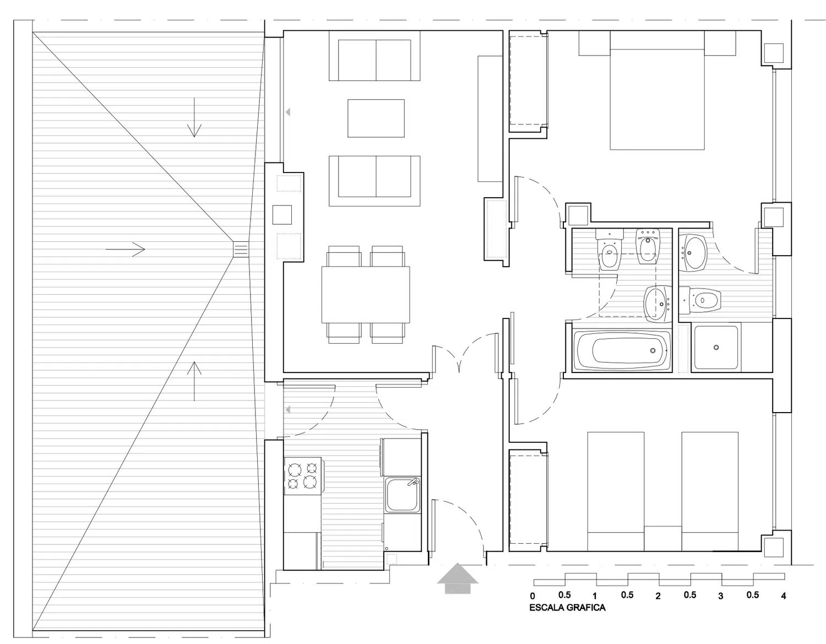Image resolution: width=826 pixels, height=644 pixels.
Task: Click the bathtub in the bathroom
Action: click(x=622, y=350)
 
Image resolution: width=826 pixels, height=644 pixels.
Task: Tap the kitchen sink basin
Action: click(x=403, y=495)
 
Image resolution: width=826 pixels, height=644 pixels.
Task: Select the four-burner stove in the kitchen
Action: click(x=303, y=476)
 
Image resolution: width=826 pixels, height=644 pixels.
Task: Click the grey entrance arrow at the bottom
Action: click(x=457, y=578)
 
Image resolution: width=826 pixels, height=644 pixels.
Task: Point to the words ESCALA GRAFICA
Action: click(x=567, y=608)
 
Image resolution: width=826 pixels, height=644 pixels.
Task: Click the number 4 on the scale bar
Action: click(x=783, y=596)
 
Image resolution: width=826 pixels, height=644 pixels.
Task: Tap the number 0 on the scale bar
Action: click(x=532, y=596)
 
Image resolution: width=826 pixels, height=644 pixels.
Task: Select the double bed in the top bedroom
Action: click(x=657, y=90)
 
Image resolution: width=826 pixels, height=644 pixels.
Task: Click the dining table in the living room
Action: click(x=366, y=295)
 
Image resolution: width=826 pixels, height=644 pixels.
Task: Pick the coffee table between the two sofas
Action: click(x=376, y=118)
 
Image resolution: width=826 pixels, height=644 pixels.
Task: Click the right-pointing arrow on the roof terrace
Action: click(x=126, y=250)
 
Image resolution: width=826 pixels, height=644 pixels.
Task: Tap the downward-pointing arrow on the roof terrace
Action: click(x=194, y=117)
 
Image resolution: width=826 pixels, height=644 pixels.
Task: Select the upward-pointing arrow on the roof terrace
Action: click(x=194, y=381)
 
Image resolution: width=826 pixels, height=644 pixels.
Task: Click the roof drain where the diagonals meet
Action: click(x=240, y=250)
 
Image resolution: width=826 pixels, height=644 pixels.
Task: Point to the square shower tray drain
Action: click(x=716, y=347)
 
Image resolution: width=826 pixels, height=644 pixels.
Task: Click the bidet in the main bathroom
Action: click(x=647, y=246)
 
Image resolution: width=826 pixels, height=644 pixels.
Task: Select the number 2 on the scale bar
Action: click(x=658, y=596)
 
